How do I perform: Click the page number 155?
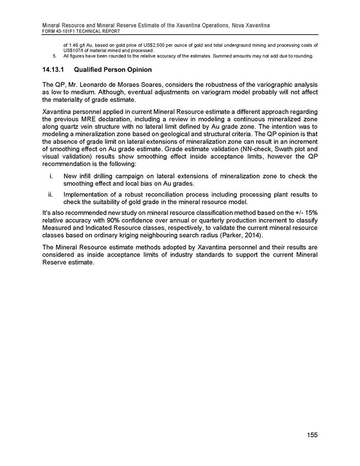[312, 435]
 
